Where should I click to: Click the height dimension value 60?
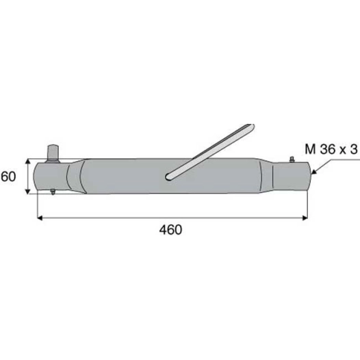tap(8, 177)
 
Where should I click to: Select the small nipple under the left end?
tap(53, 194)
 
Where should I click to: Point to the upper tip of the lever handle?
tap(253, 127)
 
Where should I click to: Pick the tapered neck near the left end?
tap(75, 177)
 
